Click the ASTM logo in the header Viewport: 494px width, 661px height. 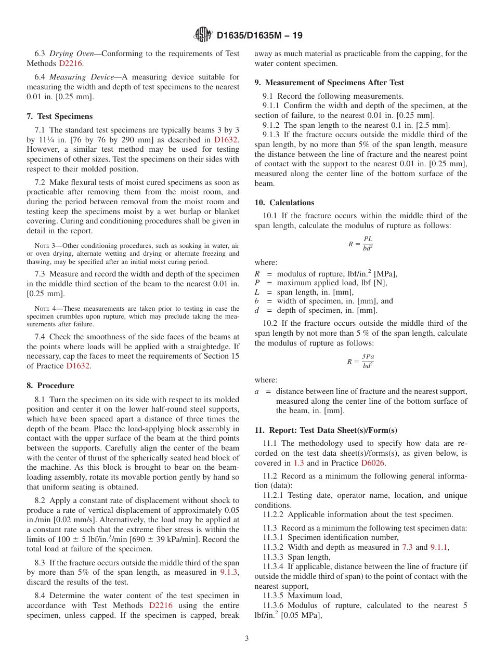click(203, 35)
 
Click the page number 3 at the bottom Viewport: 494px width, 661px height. click(247, 639)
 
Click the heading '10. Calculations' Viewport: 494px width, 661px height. click(284, 203)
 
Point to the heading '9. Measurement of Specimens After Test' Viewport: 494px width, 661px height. click(329, 83)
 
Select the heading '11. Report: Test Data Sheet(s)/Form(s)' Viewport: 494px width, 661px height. click(326, 430)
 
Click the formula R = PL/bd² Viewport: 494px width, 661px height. click(360, 243)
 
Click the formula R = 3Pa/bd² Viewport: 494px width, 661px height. click(360, 361)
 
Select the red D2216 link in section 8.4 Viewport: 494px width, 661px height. click(161, 605)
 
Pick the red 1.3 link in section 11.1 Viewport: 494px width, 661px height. click(298, 463)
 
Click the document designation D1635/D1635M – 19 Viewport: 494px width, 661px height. click(259, 35)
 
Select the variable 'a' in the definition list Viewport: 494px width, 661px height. click(257, 391)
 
